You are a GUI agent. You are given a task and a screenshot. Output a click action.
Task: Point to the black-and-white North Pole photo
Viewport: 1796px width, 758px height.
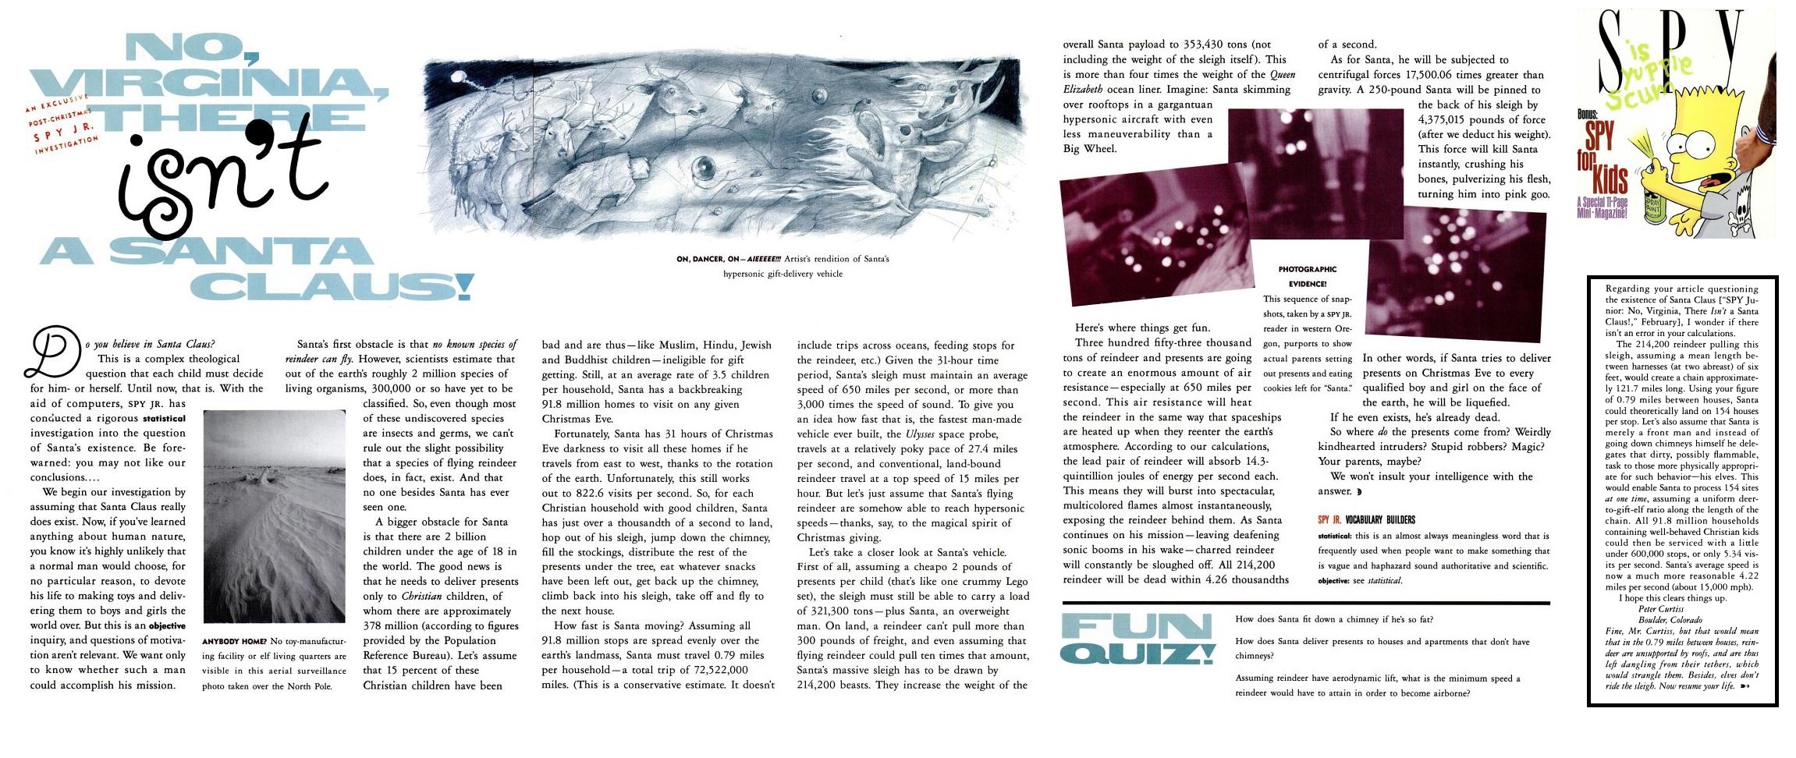point(273,516)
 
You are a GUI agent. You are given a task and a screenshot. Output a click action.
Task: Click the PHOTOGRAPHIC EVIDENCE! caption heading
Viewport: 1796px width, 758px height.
point(1307,277)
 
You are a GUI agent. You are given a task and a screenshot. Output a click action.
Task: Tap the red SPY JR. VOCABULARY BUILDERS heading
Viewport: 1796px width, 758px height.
point(1366,520)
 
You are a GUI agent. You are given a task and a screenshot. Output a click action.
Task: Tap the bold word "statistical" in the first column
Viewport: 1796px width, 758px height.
point(164,419)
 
